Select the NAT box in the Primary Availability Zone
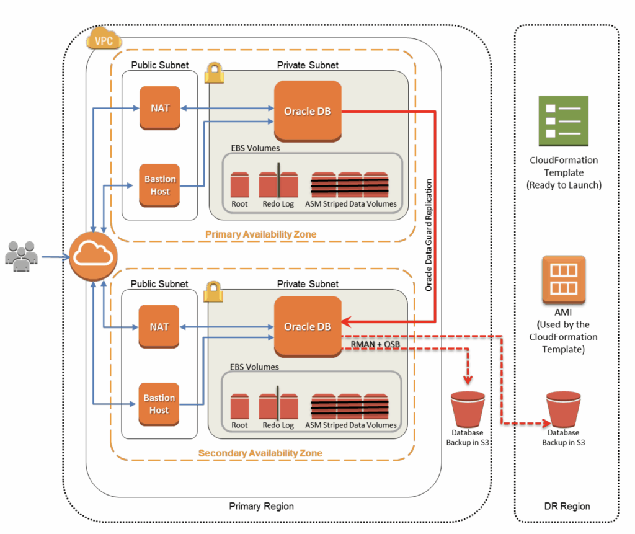(159, 108)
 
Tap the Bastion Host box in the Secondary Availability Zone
(159, 404)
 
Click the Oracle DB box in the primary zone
(308, 111)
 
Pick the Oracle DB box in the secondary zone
(308, 326)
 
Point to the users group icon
(21, 255)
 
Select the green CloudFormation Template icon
(562, 120)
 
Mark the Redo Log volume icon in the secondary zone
(278, 406)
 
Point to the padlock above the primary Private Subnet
(214, 71)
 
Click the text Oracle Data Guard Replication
(429, 235)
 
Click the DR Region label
(566, 506)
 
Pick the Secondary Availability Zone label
(260, 453)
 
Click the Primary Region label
(261, 506)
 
